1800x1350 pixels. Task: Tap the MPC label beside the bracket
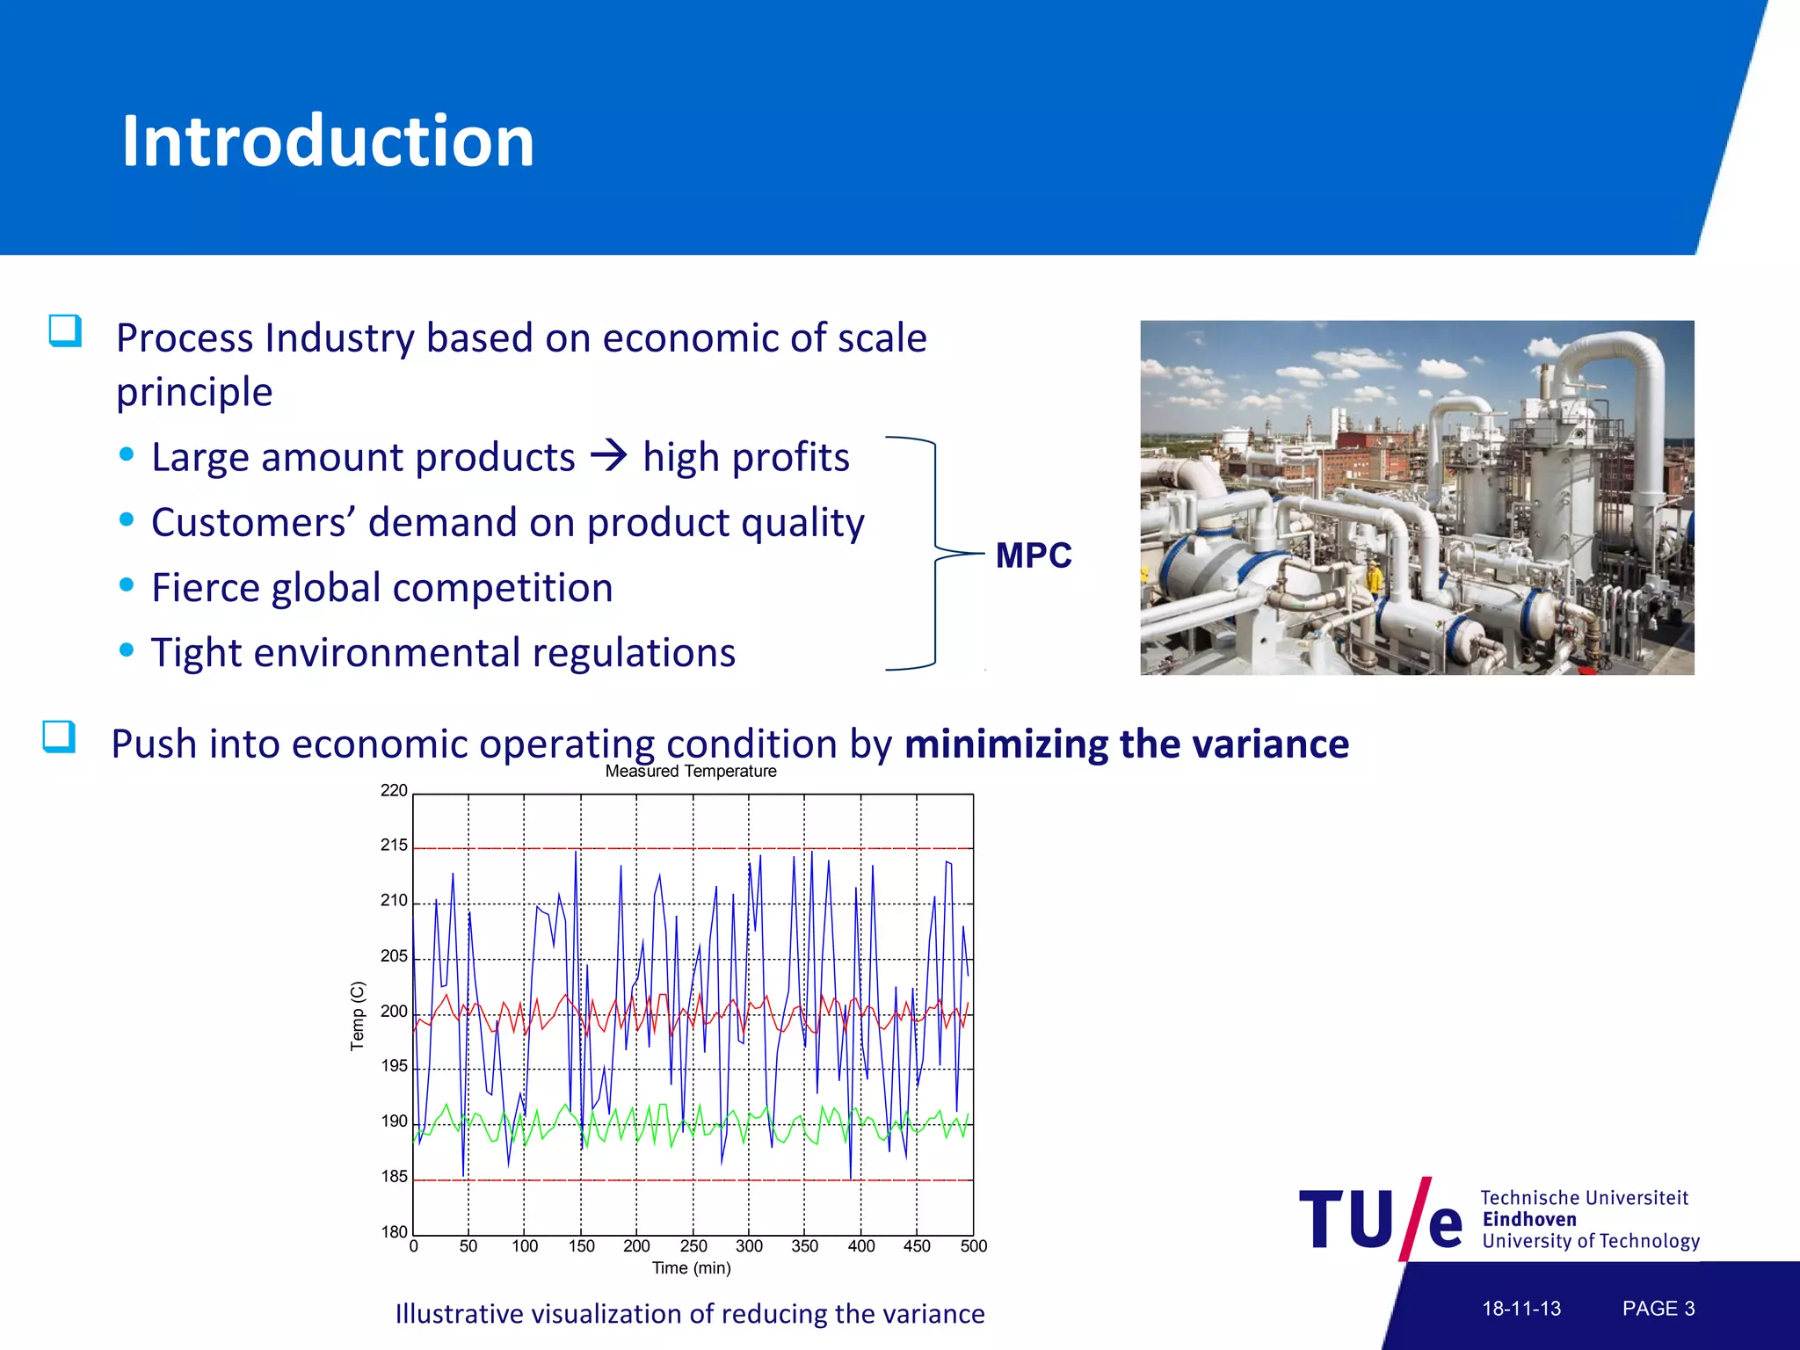tap(1033, 555)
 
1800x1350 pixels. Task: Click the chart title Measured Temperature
tap(691, 771)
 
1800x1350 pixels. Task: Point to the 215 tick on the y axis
tap(394, 846)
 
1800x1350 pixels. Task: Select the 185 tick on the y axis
tap(394, 1177)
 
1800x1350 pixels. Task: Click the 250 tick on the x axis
tap(693, 1246)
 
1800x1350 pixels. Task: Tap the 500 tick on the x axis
tap(973, 1246)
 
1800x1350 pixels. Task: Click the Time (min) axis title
tap(691, 1268)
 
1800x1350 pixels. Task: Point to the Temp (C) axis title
tap(357, 1016)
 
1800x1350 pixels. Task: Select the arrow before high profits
tap(608, 455)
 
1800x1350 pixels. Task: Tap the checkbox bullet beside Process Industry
tap(65, 331)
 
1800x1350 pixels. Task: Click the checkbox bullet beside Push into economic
tap(59, 737)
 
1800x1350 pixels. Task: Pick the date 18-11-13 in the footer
tap(1521, 1309)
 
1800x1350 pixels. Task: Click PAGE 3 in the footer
tap(1658, 1309)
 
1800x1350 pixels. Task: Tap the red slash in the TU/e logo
tap(1415, 1218)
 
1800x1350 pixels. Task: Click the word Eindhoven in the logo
tap(1529, 1220)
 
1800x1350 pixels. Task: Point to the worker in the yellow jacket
tap(1374, 578)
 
